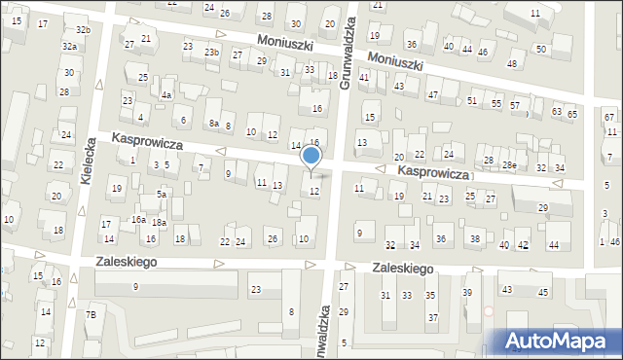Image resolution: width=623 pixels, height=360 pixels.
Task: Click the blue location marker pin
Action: tap(311, 157)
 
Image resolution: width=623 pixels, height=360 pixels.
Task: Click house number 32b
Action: tap(84, 30)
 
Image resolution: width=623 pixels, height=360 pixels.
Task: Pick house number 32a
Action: tap(69, 47)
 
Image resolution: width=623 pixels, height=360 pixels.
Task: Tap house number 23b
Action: tap(211, 52)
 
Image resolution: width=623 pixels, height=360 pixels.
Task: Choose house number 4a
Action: tap(166, 95)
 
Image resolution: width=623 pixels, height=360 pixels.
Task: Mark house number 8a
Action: tap(213, 124)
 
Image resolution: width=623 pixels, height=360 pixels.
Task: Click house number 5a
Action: tap(163, 195)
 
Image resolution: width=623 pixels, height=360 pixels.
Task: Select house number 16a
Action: tap(139, 220)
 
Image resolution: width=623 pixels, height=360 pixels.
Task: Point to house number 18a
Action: tap(159, 223)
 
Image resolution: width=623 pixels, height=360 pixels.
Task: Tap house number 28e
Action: tap(509, 165)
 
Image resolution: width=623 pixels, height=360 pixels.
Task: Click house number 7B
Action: tap(91, 314)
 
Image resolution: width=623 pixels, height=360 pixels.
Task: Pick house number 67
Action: tap(609, 117)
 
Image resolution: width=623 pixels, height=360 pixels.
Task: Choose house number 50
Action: tap(540, 49)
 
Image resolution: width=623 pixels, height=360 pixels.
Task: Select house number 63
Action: tap(556, 112)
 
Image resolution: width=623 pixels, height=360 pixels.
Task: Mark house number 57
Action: tap(515, 105)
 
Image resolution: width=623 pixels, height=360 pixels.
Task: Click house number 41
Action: tap(363, 76)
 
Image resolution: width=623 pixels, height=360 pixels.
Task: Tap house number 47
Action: tap(433, 94)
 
